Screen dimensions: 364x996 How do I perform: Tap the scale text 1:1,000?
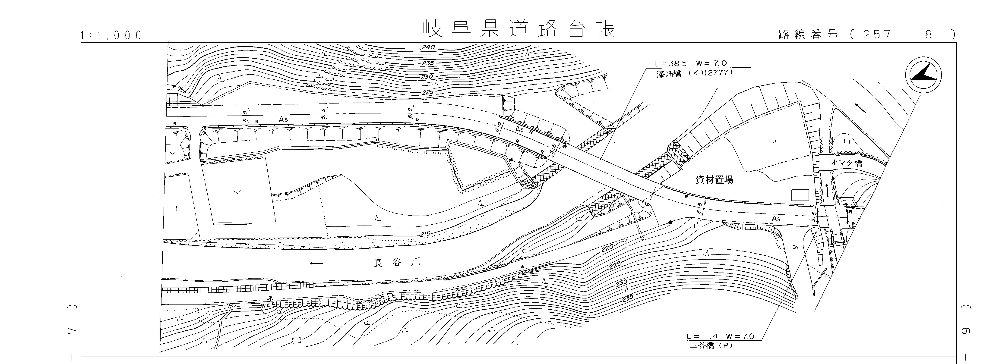pos(111,36)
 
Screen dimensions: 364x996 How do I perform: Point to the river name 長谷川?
pos(396,263)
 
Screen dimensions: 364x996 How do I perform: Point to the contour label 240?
pos(428,47)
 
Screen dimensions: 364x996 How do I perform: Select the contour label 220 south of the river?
pos(608,250)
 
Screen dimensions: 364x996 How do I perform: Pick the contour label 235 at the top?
pos(428,63)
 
